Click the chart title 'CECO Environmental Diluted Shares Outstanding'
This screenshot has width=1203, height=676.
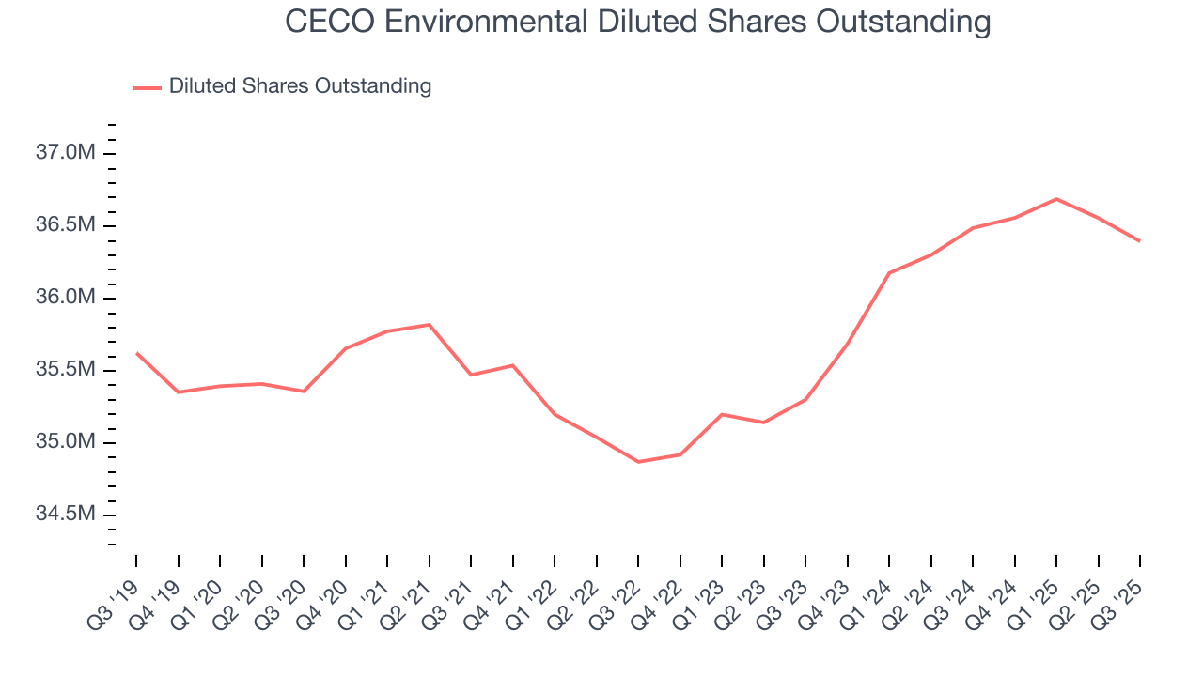(x=638, y=23)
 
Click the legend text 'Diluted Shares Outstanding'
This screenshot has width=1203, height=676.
(x=300, y=86)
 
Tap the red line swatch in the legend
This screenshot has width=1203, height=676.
(x=148, y=87)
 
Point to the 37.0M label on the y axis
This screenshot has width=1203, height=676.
(x=66, y=154)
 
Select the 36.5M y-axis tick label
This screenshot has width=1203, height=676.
(x=66, y=226)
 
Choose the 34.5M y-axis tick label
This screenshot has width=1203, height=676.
(x=66, y=515)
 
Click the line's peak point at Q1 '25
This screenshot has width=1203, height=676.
(x=1056, y=199)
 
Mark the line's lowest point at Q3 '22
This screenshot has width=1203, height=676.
(x=638, y=462)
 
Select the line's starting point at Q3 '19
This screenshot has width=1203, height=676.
(x=136, y=353)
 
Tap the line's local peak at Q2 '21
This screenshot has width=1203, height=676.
(x=430, y=325)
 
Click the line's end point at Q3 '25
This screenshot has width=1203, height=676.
(x=1139, y=241)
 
